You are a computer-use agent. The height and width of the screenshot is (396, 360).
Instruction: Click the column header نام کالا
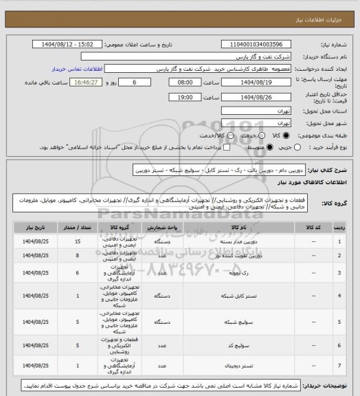pos(240,225)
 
